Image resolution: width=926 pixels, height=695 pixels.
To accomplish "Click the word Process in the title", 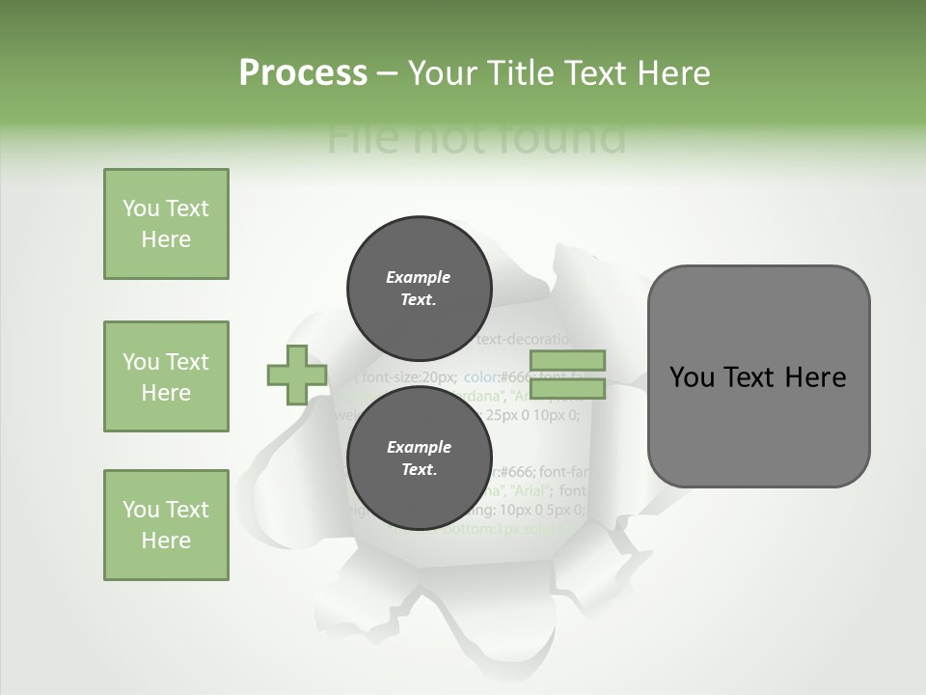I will (x=303, y=73).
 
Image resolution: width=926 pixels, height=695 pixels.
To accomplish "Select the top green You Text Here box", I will (x=166, y=224).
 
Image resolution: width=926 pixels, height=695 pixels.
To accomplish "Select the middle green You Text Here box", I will (x=166, y=376).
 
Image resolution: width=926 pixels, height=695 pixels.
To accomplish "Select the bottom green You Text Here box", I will (x=166, y=525).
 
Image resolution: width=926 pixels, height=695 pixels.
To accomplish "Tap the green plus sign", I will (x=297, y=375).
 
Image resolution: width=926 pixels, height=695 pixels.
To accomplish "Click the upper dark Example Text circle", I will (x=419, y=288).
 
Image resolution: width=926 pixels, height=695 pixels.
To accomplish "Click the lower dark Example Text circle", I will (x=419, y=458).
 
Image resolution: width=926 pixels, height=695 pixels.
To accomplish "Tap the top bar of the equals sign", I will (x=569, y=361).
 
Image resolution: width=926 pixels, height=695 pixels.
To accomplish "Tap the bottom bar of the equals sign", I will (x=569, y=389).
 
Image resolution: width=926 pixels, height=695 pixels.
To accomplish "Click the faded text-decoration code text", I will (x=525, y=340).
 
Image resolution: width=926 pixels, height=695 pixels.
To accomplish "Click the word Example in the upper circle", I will (x=419, y=277).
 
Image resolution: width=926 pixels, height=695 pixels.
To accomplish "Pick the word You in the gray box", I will (x=691, y=377).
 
